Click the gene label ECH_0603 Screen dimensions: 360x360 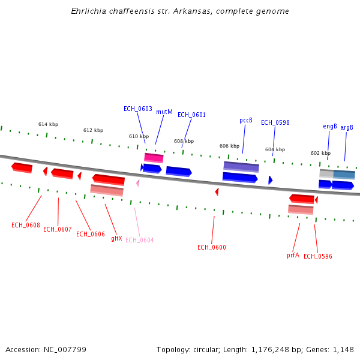pyautogui.click(x=138, y=109)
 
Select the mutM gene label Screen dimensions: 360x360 pyautogui.click(x=164, y=112)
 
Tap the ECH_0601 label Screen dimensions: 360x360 pyautogui.click(x=191, y=115)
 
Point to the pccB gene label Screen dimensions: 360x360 pyautogui.click(x=246, y=120)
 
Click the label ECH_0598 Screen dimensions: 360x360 pyautogui.click(x=275, y=122)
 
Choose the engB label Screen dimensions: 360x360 pyautogui.click(x=330, y=127)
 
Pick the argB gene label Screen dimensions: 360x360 pyautogui.click(x=347, y=127)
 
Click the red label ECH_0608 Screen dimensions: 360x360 pyautogui.click(x=26, y=226)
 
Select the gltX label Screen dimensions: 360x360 pyautogui.click(x=116, y=238)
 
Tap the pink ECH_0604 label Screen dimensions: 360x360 pyautogui.click(x=139, y=240)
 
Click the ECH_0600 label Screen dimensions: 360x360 pyautogui.click(x=212, y=247)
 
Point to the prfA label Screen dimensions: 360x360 pyautogui.click(x=293, y=255)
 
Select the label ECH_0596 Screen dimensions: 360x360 pyautogui.click(x=318, y=256)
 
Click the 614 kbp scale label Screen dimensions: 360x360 pyautogui.click(x=48, y=124)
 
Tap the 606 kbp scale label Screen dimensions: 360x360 pyautogui.click(x=229, y=146)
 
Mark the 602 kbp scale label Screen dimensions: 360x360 pyautogui.click(x=320, y=153)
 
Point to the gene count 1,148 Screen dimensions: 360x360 pyautogui.click(x=342, y=349)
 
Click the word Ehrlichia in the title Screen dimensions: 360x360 pyautogui.click(x=89, y=11)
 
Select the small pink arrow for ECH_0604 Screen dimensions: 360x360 pyautogui.click(x=137, y=183)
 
